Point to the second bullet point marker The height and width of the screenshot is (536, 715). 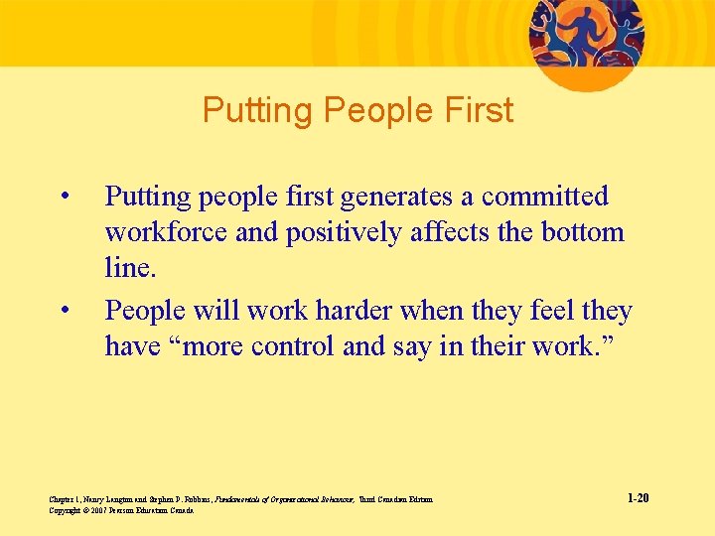65,309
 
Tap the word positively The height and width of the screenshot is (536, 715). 344,232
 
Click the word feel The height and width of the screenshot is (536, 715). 549,311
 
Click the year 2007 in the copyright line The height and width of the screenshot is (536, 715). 98,510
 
